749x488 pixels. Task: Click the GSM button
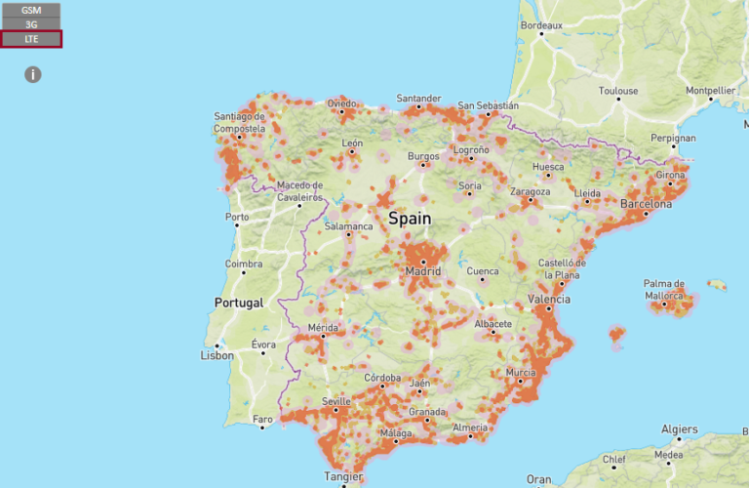31,9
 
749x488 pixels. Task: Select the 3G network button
31,23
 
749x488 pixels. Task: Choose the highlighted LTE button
31,39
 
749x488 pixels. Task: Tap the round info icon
33,74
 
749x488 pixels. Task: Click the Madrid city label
423,270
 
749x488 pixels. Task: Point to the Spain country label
409,219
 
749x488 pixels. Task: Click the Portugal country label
240,303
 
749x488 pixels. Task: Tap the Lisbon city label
217,355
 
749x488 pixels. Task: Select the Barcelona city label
646,205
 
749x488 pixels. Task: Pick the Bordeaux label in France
541,25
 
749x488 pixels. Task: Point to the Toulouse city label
618,91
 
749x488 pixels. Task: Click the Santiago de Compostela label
240,122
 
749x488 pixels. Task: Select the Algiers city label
680,428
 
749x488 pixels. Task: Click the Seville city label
335,401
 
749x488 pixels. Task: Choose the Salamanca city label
349,226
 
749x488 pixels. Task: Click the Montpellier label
711,91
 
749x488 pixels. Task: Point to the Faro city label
263,420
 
